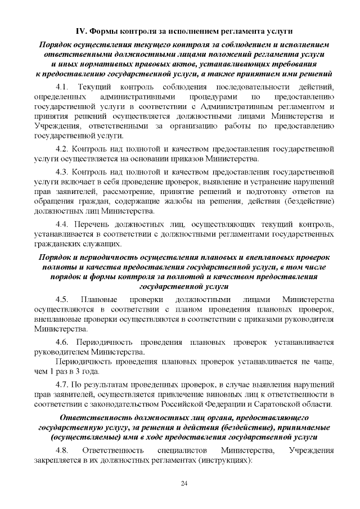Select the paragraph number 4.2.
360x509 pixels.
(x=62, y=149)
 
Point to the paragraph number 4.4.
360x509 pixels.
(x=62, y=224)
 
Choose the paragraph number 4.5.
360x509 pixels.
(x=62, y=299)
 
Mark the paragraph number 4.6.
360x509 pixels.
(x=62, y=341)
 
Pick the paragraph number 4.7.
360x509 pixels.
(x=62, y=384)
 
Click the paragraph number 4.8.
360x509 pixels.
(x=62, y=450)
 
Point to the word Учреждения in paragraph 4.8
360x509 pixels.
(x=311, y=450)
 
